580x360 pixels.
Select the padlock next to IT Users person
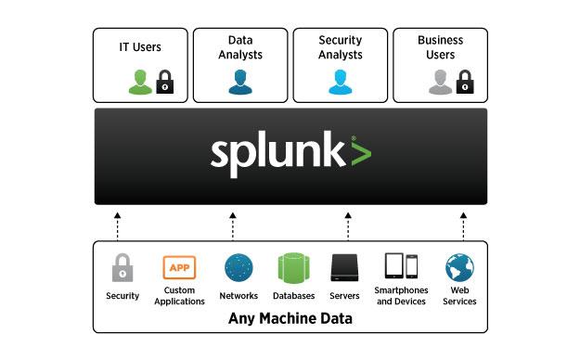coord(164,83)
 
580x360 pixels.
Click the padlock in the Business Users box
coord(464,83)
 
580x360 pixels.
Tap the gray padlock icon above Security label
coord(122,268)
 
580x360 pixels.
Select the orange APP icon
coord(179,268)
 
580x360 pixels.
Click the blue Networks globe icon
coord(238,268)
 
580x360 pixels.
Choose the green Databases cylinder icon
coord(293,268)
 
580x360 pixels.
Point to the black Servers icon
coord(345,268)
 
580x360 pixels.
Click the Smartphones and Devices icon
coord(401,267)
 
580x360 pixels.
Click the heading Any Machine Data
coord(290,320)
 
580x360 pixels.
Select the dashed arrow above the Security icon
coord(118,225)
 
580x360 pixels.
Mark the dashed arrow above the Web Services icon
coord(463,225)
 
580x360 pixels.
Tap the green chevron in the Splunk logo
coord(360,153)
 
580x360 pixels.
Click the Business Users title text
coord(440,47)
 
